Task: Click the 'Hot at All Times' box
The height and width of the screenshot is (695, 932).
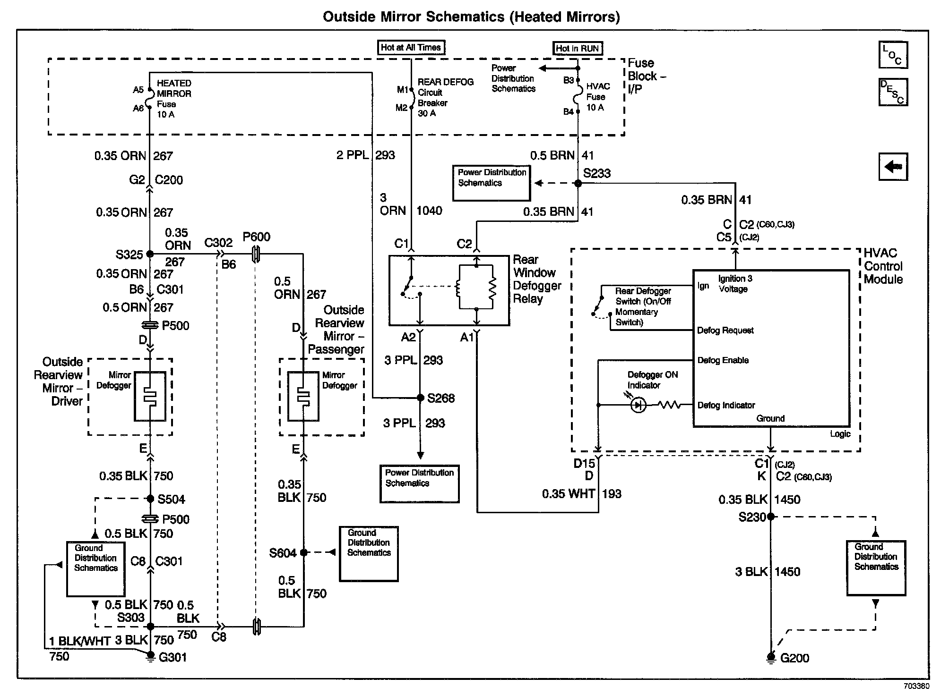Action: click(411, 47)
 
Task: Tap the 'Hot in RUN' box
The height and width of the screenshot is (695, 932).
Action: click(578, 48)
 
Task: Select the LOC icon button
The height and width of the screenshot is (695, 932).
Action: click(893, 55)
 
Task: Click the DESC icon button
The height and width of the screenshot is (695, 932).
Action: click(893, 92)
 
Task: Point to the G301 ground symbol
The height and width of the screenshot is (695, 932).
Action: click(150, 657)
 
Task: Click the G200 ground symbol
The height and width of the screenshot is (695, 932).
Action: click(771, 657)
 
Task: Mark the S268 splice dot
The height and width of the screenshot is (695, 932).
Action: click(420, 398)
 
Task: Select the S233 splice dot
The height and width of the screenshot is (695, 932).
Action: click(578, 183)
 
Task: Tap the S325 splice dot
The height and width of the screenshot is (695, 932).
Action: click(150, 254)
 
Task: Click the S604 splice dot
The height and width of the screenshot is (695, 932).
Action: click(303, 552)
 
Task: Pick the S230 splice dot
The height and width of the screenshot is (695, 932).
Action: click(771, 517)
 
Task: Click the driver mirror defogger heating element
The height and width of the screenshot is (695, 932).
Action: click(150, 396)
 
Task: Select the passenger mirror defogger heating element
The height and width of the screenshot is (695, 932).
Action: click(303, 396)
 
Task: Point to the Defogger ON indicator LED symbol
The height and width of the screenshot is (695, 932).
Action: click(638, 405)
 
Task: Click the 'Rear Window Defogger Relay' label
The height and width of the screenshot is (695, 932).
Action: click(537, 280)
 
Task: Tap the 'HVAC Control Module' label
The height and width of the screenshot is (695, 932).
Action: click(883, 266)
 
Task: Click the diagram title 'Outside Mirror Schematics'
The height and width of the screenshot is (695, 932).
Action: click(414, 17)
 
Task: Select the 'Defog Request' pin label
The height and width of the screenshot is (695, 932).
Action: click(725, 331)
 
